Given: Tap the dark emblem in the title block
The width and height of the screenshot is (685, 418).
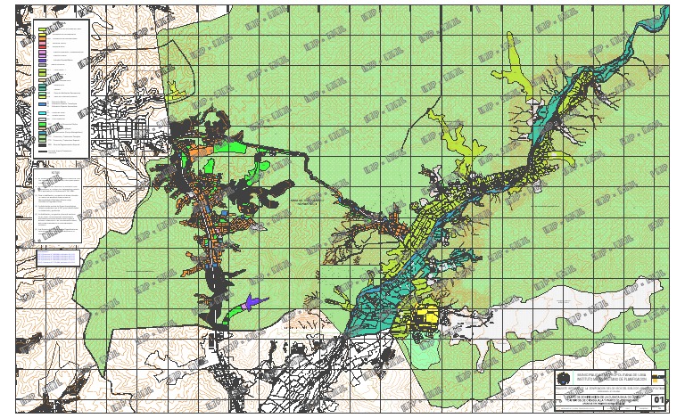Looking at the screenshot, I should click(562, 379).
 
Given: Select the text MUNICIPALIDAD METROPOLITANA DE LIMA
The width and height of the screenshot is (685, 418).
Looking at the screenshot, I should click(615, 374).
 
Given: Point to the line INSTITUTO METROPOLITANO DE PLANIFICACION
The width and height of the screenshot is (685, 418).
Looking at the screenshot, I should click(615, 380).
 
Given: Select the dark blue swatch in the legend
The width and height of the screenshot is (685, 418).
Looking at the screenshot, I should click(42, 104).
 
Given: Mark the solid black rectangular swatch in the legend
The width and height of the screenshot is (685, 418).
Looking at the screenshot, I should click(42, 142).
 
